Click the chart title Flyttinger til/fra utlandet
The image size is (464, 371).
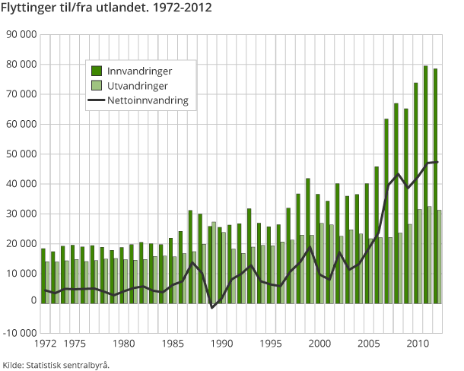point(106,8)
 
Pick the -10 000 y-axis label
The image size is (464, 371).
point(19,333)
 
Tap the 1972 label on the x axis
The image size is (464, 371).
point(43,344)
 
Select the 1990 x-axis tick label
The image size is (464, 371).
point(221,344)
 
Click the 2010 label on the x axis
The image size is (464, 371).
point(415,344)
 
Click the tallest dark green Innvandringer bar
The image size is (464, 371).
point(425,182)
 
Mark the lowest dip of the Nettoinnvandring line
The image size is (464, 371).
point(212,307)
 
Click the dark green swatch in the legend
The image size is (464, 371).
point(97,71)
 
